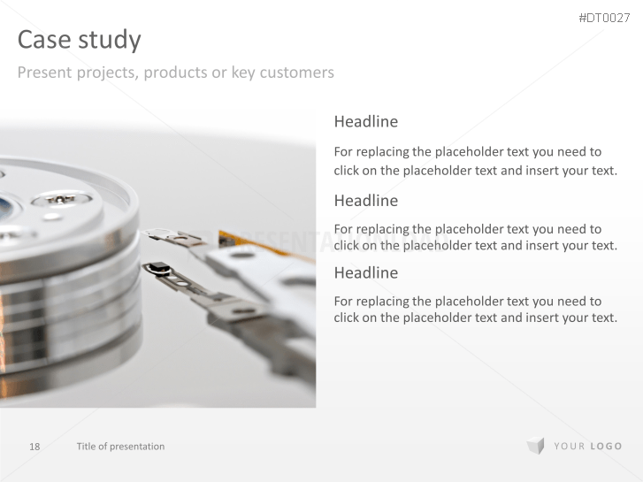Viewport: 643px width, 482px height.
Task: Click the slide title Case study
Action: pos(79,40)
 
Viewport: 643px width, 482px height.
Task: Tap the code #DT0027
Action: pos(604,18)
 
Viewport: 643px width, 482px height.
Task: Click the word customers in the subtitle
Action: pos(297,73)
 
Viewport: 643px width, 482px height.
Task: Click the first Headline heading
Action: pos(366,121)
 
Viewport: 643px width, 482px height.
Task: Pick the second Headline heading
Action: pos(366,201)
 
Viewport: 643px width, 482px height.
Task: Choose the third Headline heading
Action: pos(366,272)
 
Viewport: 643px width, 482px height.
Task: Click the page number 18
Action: pos(34,447)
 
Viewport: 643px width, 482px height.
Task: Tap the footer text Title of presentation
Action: pos(120,447)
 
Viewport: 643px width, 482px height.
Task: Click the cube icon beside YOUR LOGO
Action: pos(536,446)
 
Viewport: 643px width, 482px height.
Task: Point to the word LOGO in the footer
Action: pos(606,447)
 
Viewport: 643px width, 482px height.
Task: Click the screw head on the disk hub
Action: pos(61,199)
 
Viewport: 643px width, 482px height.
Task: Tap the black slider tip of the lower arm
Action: pos(157,268)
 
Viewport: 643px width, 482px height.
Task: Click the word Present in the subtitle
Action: pos(45,73)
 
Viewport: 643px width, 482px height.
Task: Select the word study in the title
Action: pos(110,41)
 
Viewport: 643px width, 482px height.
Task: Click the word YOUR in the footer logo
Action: pos(570,447)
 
